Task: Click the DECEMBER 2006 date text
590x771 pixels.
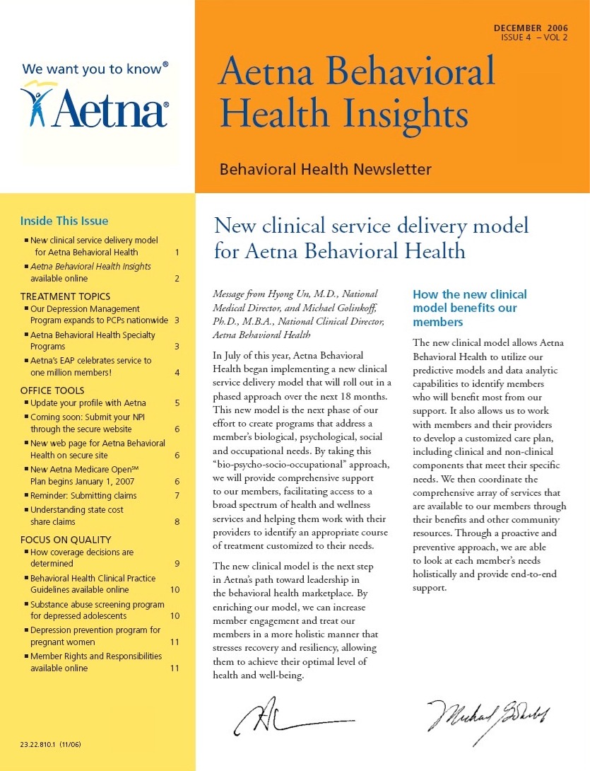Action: [x=530, y=28]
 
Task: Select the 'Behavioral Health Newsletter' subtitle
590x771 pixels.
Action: [x=325, y=170]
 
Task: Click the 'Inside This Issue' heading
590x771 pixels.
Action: [x=64, y=221]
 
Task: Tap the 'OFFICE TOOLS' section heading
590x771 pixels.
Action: [x=52, y=390]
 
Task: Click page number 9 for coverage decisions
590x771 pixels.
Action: [x=177, y=564]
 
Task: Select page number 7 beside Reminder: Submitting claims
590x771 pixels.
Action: [x=177, y=495]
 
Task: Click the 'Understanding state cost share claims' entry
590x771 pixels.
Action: [x=78, y=515]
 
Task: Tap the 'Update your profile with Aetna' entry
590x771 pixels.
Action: [x=88, y=403]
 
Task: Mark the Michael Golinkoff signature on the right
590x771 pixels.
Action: [x=488, y=714]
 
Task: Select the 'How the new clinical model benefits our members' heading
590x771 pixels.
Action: [x=469, y=308]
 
